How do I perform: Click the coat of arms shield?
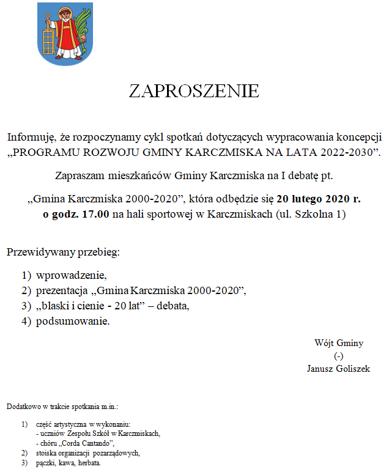click(x=64, y=34)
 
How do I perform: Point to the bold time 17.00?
click(x=95, y=215)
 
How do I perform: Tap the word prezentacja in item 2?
click(x=62, y=290)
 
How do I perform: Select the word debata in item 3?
click(x=173, y=306)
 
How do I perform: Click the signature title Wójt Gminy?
click(x=338, y=344)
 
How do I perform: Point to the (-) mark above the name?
click(x=338, y=356)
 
